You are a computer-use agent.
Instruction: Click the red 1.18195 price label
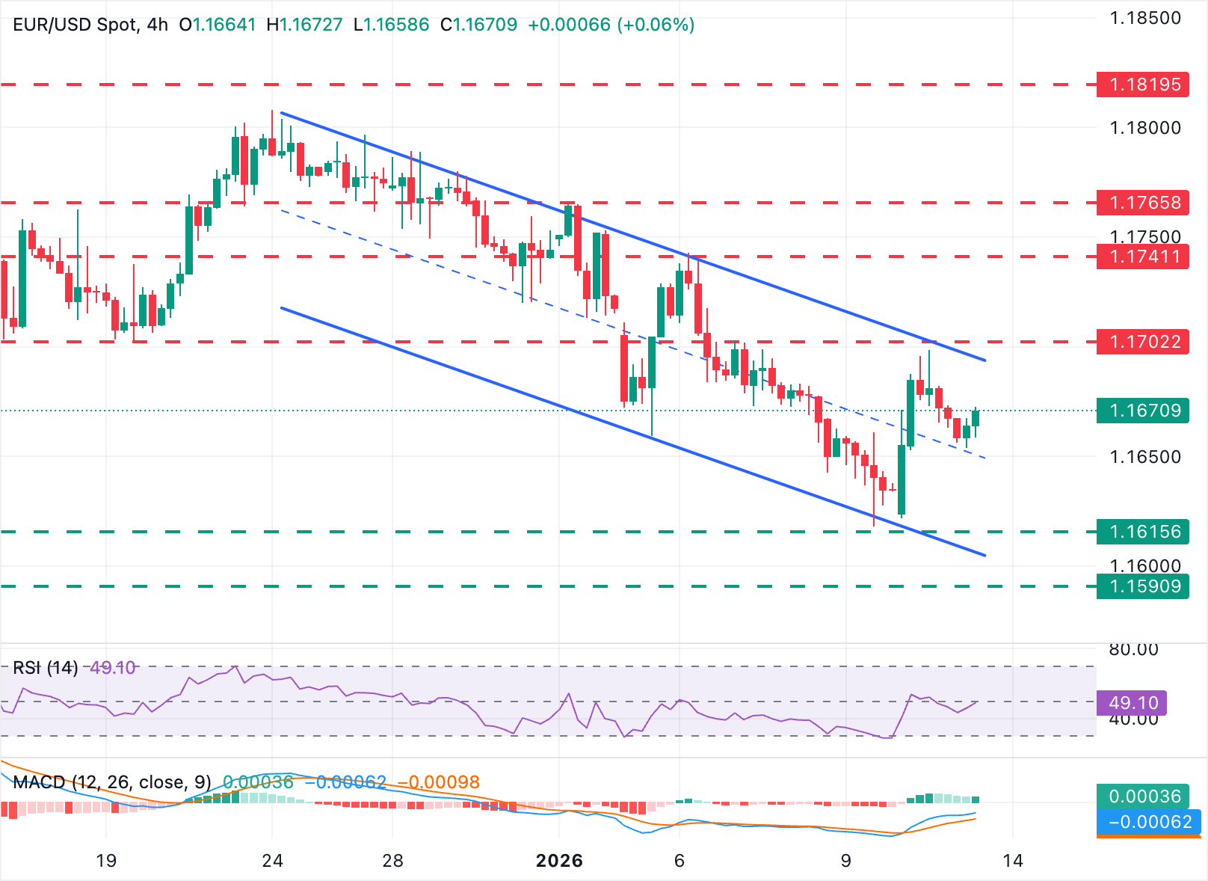[x=1142, y=85]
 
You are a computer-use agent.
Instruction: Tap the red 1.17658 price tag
[x=1142, y=203]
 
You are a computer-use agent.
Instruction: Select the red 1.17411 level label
[x=1142, y=257]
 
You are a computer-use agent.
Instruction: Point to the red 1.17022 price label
[x=1142, y=342]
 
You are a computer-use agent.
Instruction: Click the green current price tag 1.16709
[x=1142, y=411]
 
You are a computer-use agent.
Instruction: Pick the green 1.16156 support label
[x=1142, y=532]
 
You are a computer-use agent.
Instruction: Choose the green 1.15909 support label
[x=1142, y=586]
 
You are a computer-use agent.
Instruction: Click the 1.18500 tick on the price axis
[x=1145, y=18]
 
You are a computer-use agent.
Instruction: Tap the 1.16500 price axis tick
[x=1145, y=457]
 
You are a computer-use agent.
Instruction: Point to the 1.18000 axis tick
[x=1145, y=128]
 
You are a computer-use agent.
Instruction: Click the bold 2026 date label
[x=559, y=861]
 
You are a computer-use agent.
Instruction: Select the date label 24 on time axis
[x=273, y=861]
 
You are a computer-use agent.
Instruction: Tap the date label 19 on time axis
[x=106, y=861]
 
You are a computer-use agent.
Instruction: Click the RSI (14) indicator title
[x=46, y=668]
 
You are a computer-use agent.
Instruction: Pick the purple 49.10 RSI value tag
[x=1132, y=703]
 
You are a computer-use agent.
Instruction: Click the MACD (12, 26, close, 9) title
[x=112, y=782]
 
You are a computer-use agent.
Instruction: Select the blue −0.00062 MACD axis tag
[x=1148, y=822]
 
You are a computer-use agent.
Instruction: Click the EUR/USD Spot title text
[x=75, y=25]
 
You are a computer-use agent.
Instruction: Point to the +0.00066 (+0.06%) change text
[x=611, y=25]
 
